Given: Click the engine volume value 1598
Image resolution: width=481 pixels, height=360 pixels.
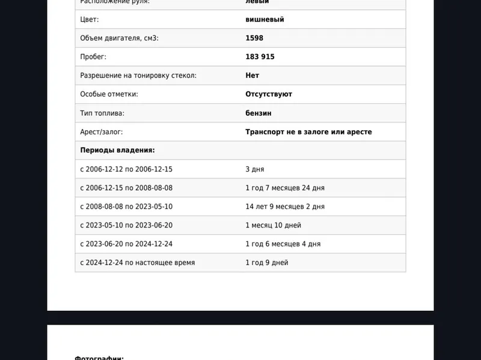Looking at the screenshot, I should tap(254, 38).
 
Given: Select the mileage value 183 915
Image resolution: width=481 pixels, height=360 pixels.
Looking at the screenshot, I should tap(260, 57).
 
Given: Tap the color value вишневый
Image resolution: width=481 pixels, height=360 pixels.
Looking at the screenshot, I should tap(265, 20).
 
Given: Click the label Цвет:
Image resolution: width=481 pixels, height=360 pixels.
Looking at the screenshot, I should tap(89, 20).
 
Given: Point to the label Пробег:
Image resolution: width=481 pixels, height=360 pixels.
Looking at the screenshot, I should tap(93, 57).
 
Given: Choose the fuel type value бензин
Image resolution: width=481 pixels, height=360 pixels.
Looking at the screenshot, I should tap(258, 113).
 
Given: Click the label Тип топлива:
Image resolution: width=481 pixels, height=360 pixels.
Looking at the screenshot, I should tap(102, 113).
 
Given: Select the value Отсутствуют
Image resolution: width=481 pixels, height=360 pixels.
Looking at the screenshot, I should tap(269, 94).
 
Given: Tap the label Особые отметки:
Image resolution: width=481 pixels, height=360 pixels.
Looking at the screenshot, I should tap(109, 94).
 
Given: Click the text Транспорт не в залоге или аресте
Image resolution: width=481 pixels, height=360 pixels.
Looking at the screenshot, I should tap(308, 132).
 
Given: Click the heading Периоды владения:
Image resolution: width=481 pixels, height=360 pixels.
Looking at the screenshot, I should tap(117, 150).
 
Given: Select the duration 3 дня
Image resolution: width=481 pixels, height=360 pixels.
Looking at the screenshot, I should tap(254, 169).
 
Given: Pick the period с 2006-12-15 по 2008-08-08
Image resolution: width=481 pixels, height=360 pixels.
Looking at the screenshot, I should tap(126, 188).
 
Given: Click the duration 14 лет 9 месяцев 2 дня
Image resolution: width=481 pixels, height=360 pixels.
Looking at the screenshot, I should tap(285, 206).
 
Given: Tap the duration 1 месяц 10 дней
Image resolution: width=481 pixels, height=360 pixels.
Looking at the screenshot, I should tap(273, 226).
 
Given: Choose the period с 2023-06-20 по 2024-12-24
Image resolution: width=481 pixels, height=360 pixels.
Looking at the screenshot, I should tap(126, 244).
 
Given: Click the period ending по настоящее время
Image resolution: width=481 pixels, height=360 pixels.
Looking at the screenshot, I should tap(137, 263).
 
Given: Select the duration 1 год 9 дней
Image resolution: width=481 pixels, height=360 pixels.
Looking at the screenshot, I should tap(266, 263).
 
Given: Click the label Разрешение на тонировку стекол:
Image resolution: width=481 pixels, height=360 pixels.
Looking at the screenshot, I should tap(138, 76).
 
